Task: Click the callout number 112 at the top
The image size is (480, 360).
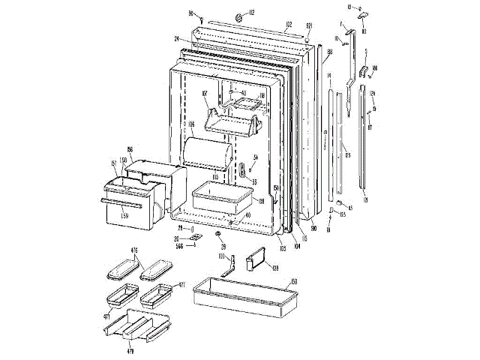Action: click(x=252, y=13)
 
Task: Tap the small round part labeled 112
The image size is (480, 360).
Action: click(x=239, y=17)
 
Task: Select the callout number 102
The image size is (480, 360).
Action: click(x=287, y=25)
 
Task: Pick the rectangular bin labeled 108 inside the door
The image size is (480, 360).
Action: click(x=221, y=196)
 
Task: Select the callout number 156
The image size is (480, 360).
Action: click(x=130, y=150)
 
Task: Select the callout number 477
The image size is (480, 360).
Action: click(x=181, y=286)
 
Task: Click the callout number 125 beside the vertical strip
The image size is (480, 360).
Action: click(x=347, y=156)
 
